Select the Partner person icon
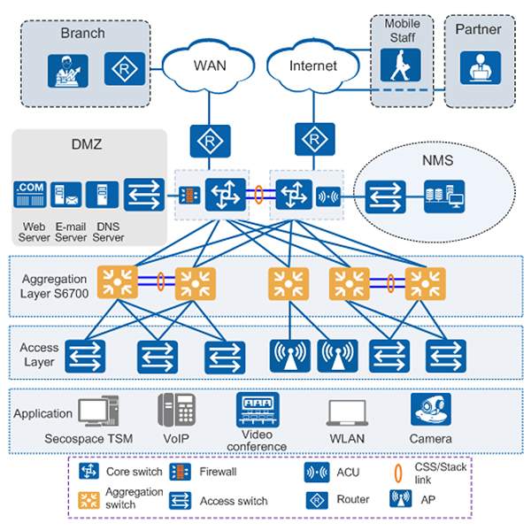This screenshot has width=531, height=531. pos(480,67)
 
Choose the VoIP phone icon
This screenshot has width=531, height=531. pos(175,412)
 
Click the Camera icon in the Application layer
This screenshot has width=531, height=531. pos(430,411)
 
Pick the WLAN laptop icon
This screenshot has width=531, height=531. pos(347,413)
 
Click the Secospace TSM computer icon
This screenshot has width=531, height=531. pos(97,412)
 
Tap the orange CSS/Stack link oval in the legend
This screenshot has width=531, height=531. pos(396,472)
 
